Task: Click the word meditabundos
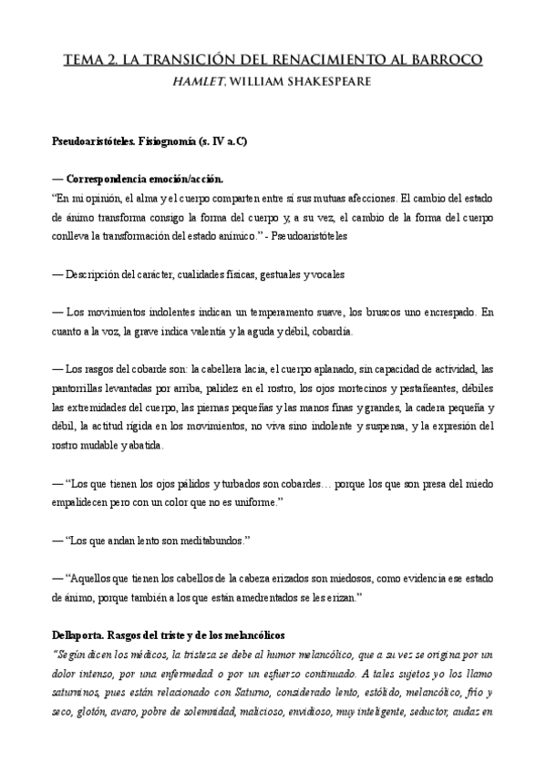coord(208,540)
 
